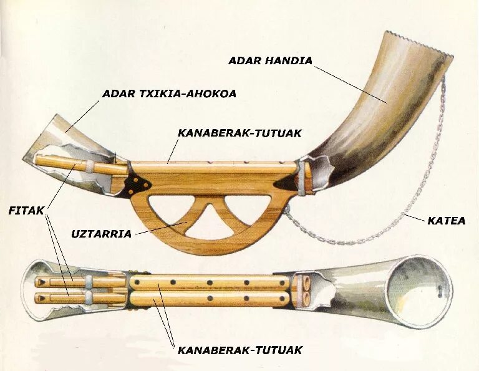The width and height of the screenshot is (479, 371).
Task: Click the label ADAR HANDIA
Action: [270, 60]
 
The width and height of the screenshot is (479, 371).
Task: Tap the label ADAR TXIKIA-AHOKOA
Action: [169, 94]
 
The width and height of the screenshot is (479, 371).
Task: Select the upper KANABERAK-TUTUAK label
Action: [239, 133]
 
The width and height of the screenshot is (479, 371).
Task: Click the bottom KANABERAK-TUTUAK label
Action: [239, 350]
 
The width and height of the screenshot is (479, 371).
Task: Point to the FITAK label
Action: [26, 210]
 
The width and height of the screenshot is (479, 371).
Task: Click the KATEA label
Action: [446, 220]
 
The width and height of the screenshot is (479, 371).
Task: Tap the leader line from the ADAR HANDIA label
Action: [349, 81]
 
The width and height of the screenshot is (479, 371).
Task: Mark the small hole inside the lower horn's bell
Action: [441, 288]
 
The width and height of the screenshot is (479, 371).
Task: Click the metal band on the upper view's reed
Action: [91, 166]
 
